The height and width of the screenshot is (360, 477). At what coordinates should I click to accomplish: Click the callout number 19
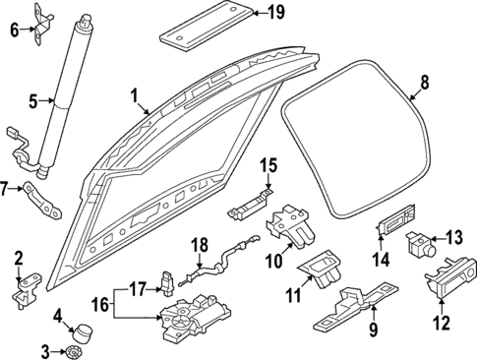pos(275,13)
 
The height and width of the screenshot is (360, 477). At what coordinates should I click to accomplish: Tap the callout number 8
pos(425,85)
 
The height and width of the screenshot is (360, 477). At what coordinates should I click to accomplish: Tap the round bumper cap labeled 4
pos(87,328)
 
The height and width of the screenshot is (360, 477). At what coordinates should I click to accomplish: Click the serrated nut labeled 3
pos(75,351)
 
